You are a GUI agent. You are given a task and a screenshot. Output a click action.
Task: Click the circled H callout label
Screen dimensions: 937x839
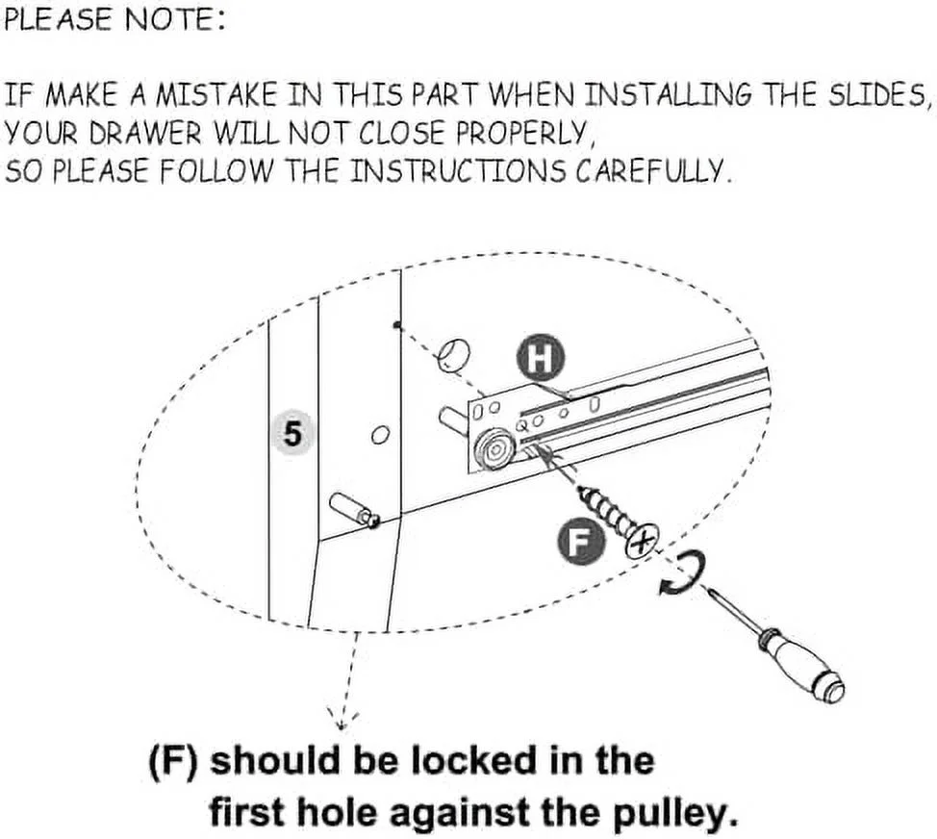tap(541, 357)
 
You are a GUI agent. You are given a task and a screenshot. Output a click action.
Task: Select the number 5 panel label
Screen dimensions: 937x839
tap(292, 434)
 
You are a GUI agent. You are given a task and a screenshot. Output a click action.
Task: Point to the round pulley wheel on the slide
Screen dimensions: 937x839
tap(494, 451)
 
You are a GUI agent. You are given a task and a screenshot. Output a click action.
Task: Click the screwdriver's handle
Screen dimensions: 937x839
tap(802, 668)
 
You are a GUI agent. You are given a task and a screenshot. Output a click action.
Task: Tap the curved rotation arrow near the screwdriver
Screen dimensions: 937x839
tap(685, 574)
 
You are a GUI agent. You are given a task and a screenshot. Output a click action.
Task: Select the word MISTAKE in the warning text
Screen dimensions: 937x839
tap(216, 95)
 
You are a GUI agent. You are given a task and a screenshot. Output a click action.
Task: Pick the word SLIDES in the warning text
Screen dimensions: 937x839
tap(878, 95)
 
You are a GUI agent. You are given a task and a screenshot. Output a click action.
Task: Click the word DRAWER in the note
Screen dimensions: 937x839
tap(145, 134)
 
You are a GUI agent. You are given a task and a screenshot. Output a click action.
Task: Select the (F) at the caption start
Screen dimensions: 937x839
tap(172, 760)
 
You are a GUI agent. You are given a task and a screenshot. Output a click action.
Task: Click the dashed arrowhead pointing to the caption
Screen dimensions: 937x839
tap(342, 719)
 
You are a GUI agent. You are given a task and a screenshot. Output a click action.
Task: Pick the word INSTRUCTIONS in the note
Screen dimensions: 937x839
tap(457, 171)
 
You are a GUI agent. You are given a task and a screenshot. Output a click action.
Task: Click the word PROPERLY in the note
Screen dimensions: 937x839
tap(525, 134)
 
